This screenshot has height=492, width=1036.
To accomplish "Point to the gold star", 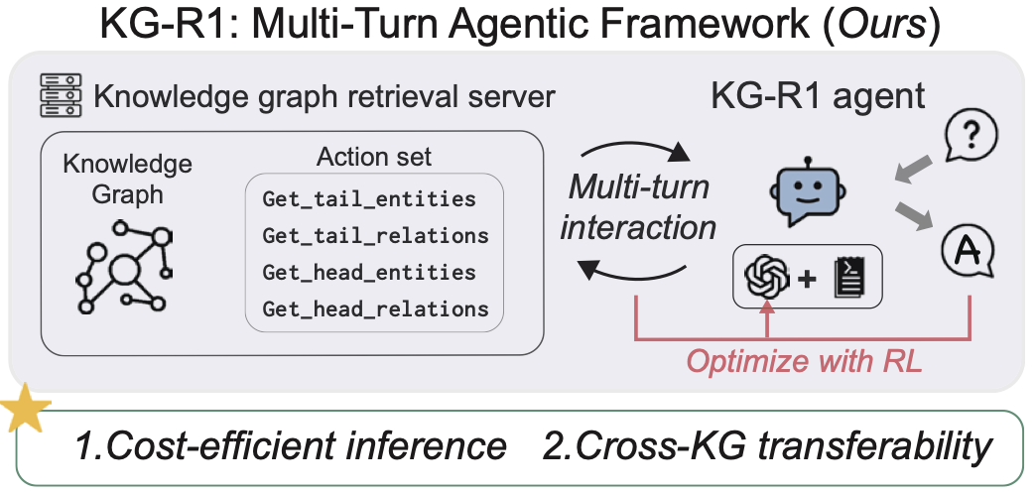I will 22,412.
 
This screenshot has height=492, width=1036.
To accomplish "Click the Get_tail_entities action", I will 369,199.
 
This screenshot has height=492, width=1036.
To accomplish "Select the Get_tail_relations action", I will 375,236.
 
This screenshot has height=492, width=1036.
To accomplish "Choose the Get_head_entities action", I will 369,272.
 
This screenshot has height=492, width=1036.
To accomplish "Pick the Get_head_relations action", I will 375,308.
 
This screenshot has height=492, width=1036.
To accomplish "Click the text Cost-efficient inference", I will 292,447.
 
